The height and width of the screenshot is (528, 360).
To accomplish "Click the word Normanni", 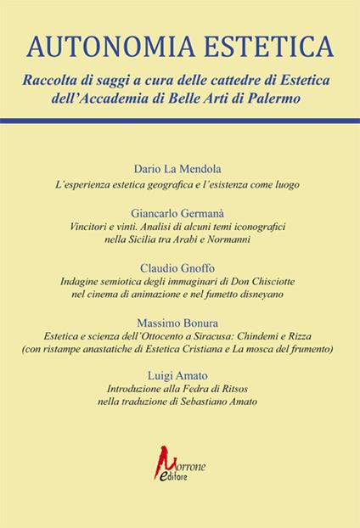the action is coord(230,242).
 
